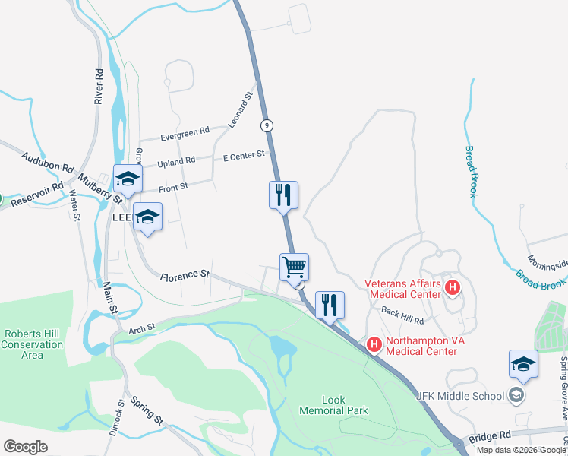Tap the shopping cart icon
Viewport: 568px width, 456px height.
tap(294, 267)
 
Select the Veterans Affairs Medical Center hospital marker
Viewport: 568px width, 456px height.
tap(453, 287)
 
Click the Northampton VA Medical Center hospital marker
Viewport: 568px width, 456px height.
tap(374, 344)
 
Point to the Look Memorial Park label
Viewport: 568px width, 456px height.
tap(344, 405)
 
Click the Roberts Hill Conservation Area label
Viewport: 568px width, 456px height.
tap(33, 344)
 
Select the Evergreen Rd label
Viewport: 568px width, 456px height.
tap(185, 134)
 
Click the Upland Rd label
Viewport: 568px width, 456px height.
tap(175, 161)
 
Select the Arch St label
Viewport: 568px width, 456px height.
tap(141, 328)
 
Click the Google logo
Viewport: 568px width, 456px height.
tap(25, 446)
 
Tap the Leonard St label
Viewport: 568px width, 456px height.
tap(241, 110)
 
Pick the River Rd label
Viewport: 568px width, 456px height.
tap(99, 86)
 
